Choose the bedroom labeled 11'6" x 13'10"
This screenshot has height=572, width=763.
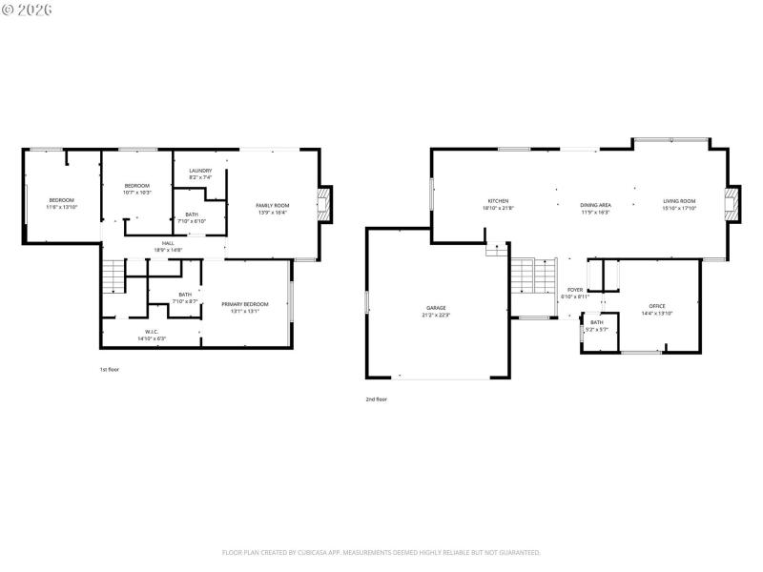tap(62, 200)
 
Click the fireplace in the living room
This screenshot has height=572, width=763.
tap(732, 204)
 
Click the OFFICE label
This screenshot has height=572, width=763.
tap(657, 307)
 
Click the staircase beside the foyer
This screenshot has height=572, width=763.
tap(533, 277)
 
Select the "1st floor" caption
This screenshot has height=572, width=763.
tap(110, 369)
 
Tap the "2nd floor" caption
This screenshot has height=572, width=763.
tap(376, 399)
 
